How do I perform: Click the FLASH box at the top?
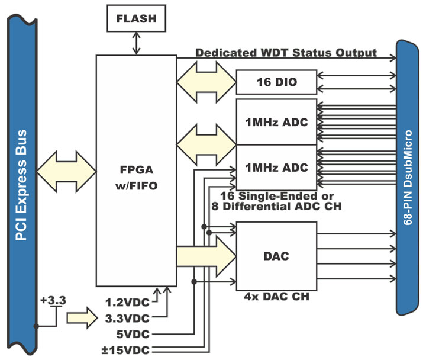click(136, 18)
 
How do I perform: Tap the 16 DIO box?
click(276, 82)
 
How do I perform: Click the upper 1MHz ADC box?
click(276, 122)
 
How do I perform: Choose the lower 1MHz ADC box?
click(276, 168)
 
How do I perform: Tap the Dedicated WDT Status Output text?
click(286, 52)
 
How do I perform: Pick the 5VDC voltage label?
click(131, 332)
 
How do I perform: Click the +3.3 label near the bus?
click(54, 301)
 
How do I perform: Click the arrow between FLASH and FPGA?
click(136, 44)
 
